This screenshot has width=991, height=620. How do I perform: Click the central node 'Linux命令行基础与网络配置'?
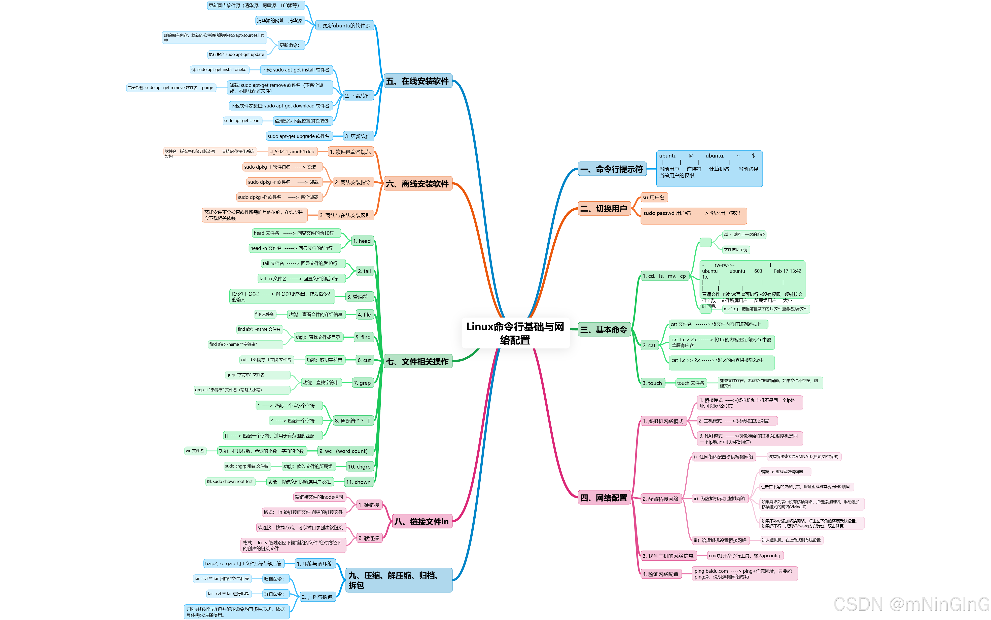click(x=515, y=333)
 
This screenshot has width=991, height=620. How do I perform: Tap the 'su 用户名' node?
click(x=654, y=198)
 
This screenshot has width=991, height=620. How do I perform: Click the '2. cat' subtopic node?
click(x=649, y=345)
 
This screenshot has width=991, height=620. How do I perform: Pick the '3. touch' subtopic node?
click(x=652, y=383)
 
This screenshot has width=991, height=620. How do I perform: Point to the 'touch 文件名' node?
click(x=691, y=383)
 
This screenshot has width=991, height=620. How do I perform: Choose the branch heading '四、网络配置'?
click(x=604, y=498)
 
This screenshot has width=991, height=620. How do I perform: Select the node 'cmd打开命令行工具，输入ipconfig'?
click(x=745, y=556)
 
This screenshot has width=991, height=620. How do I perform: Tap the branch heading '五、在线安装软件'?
click(x=417, y=81)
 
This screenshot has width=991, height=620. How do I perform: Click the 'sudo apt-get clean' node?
click(x=242, y=121)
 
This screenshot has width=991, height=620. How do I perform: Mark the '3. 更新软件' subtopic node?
click(x=358, y=136)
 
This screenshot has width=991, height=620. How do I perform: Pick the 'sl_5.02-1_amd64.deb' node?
click(x=292, y=152)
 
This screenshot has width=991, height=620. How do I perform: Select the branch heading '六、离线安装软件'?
click(x=417, y=184)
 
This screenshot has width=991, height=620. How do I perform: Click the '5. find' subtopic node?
click(x=363, y=337)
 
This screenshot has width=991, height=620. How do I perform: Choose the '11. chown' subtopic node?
click(x=359, y=482)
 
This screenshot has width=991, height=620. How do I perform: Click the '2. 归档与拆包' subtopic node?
click(x=317, y=597)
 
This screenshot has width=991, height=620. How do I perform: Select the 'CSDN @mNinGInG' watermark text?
click(x=911, y=604)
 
